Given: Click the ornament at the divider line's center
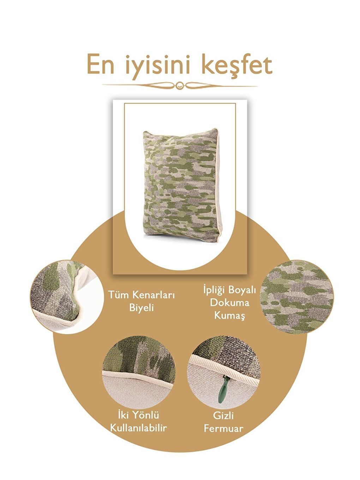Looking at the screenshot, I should coord(180,85).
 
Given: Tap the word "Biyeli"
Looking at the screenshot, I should coord(141,307).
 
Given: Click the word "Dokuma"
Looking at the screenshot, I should coord(229,302).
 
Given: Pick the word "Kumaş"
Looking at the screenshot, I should coord(229,315).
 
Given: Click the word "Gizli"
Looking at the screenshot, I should coord(223,416).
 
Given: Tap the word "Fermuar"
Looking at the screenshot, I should coord(223,428).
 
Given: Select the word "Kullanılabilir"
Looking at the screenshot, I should coord(138,428).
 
